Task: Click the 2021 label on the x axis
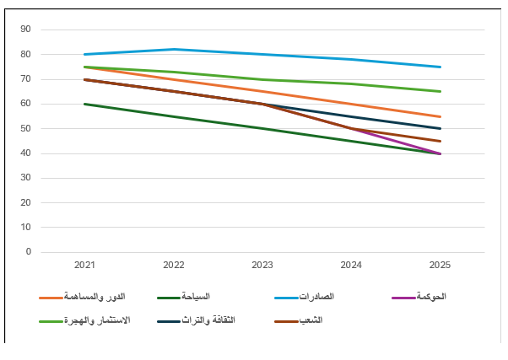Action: click(84, 265)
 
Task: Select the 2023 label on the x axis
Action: click(262, 265)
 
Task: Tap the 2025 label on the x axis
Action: click(440, 265)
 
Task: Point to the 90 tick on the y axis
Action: click(25, 30)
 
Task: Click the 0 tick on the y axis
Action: click(28, 252)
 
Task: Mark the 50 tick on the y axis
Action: click(25, 128)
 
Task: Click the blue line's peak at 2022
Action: click(174, 49)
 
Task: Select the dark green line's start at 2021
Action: click(84, 104)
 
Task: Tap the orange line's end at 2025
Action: click(440, 116)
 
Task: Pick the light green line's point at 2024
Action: click(352, 83)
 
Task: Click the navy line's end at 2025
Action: click(440, 129)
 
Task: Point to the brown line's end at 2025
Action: click(440, 141)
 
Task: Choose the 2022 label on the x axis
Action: click(174, 265)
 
